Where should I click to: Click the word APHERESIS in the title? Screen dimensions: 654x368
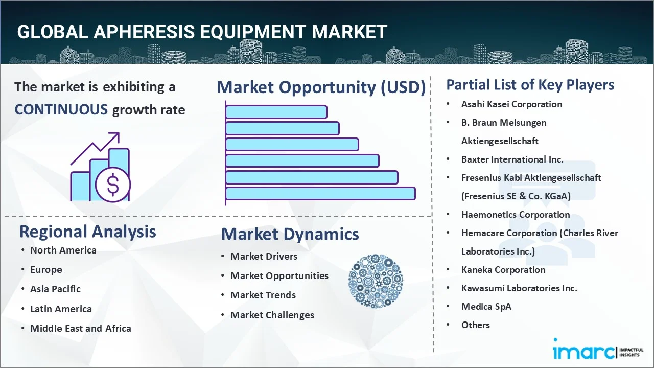[x=144, y=32]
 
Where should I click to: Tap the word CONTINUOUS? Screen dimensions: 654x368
[x=61, y=110]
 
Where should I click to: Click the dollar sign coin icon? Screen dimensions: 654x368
[x=113, y=185]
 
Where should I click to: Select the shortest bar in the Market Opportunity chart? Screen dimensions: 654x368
[x=276, y=112]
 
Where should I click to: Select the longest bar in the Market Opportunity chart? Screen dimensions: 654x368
[x=320, y=193]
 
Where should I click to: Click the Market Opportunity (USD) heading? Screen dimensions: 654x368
[x=321, y=87]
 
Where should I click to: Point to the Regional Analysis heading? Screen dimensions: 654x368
[x=87, y=232]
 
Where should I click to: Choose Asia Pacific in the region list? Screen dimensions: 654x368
[x=56, y=289]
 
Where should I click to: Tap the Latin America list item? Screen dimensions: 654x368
[x=61, y=309]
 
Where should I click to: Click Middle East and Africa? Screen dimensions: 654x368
[x=81, y=328]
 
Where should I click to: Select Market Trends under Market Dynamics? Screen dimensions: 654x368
[x=263, y=295]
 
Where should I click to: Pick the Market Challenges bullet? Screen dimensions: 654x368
[x=272, y=315]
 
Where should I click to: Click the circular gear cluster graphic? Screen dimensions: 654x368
[x=375, y=281]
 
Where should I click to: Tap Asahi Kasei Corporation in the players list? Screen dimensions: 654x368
[x=511, y=104]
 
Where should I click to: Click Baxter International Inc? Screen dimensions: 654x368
[x=512, y=159]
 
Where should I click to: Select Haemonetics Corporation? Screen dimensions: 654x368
[x=516, y=215]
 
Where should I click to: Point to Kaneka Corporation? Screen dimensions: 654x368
[x=503, y=270]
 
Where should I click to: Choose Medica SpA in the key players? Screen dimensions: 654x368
[x=486, y=307]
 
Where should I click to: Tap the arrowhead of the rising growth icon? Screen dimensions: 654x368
[x=115, y=136]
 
